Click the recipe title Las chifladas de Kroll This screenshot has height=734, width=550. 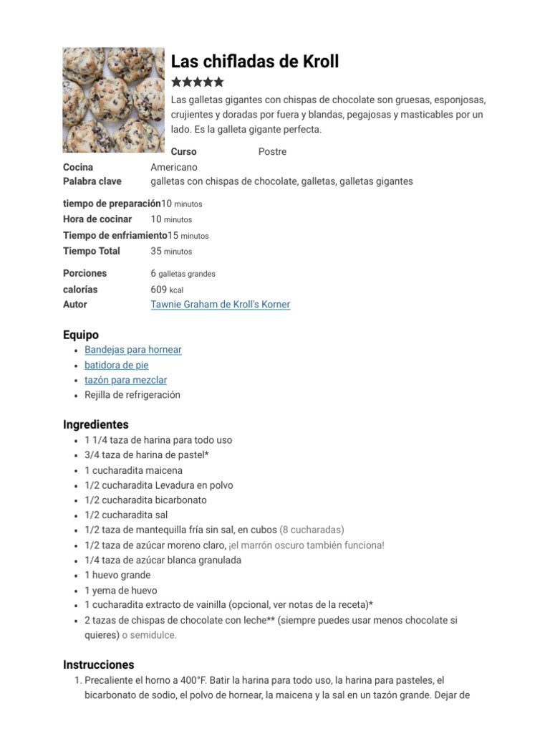pyautogui.click(x=255, y=62)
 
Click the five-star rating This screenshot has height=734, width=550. pyautogui.click(x=198, y=82)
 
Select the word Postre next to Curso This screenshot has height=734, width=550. pyautogui.click(x=272, y=152)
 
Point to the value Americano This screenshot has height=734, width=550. pyautogui.click(x=173, y=167)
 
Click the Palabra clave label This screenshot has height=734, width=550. pyautogui.click(x=92, y=181)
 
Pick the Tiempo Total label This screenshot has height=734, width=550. pyautogui.click(x=92, y=251)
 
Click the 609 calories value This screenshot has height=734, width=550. pyautogui.click(x=158, y=290)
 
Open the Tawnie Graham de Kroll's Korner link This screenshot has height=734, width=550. pyautogui.click(x=220, y=305)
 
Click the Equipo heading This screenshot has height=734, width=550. pyautogui.click(x=81, y=335)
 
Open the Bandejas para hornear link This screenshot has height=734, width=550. pyautogui.click(x=132, y=350)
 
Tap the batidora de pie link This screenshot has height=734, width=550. pyautogui.click(x=116, y=365)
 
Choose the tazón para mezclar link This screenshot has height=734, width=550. pyautogui.click(x=125, y=380)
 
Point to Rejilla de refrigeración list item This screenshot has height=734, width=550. pyautogui.click(x=132, y=395)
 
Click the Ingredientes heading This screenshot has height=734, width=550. pyautogui.click(x=96, y=424)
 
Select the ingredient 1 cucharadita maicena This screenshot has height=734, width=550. pyautogui.click(x=133, y=470)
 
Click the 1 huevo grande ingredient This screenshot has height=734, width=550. pyautogui.click(x=117, y=575)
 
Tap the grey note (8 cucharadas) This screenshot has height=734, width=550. pyautogui.click(x=312, y=530)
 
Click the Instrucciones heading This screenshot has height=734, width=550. pyautogui.click(x=99, y=664)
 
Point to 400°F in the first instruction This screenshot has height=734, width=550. pyautogui.click(x=188, y=680)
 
